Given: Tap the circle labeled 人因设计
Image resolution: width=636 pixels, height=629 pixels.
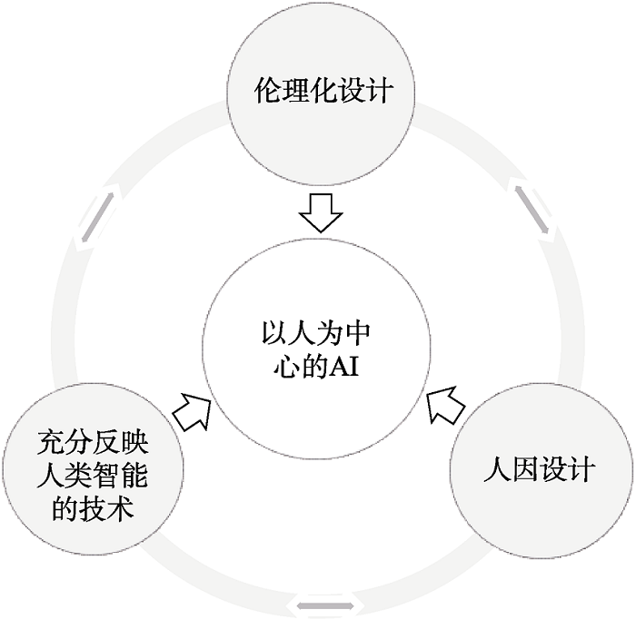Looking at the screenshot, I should coord(540,470).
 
